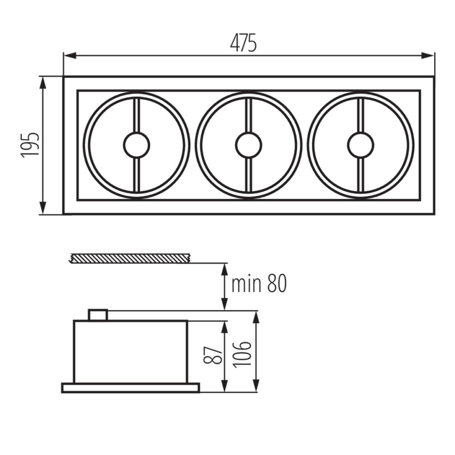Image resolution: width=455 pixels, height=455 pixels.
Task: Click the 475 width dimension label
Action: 243,43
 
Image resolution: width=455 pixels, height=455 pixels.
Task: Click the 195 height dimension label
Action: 30,145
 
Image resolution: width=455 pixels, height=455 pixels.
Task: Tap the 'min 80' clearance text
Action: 259,283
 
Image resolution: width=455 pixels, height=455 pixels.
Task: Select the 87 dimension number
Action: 213,355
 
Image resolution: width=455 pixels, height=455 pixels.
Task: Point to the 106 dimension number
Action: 242,355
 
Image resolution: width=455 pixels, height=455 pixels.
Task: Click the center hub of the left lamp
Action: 137,145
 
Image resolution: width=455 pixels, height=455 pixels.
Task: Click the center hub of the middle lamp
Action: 248,145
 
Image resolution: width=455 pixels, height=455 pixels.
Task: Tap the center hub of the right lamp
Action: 361,145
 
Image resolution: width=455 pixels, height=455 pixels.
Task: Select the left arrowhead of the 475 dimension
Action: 70,56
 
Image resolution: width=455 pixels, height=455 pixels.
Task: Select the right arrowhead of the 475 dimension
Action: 428,56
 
